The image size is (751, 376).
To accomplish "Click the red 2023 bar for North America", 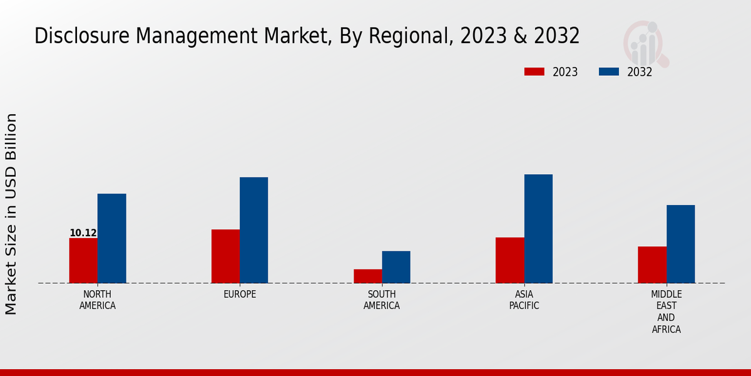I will click(x=83, y=261).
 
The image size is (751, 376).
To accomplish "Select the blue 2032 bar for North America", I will click(x=111, y=238).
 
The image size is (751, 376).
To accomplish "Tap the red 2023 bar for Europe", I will click(x=225, y=256).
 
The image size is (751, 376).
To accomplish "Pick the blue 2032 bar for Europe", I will click(x=253, y=230).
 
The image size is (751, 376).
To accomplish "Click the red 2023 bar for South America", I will click(x=367, y=276).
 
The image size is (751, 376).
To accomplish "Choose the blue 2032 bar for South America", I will click(x=396, y=267).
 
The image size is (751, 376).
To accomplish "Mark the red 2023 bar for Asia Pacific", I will click(x=509, y=260).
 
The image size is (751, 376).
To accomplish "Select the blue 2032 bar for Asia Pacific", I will click(x=538, y=229).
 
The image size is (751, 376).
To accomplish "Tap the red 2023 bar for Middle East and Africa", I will click(x=652, y=264).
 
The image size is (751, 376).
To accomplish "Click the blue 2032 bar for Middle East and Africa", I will click(x=680, y=244).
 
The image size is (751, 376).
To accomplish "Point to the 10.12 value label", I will click(x=83, y=233).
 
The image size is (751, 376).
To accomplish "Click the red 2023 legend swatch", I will click(x=534, y=72).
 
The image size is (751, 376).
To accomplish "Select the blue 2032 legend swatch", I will click(x=609, y=72).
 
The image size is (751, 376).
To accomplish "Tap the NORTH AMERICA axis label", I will click(x=98, y=300).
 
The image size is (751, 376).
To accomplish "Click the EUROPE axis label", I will click(x=240, y=295).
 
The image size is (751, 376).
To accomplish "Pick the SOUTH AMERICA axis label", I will click(x=382, y=300).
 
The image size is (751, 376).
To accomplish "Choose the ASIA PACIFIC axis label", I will click(x=524, y=300).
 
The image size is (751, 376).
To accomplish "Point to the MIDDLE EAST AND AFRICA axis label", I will click(x=666, y=311).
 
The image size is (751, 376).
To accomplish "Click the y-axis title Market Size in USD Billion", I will click(x=11, y=214).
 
